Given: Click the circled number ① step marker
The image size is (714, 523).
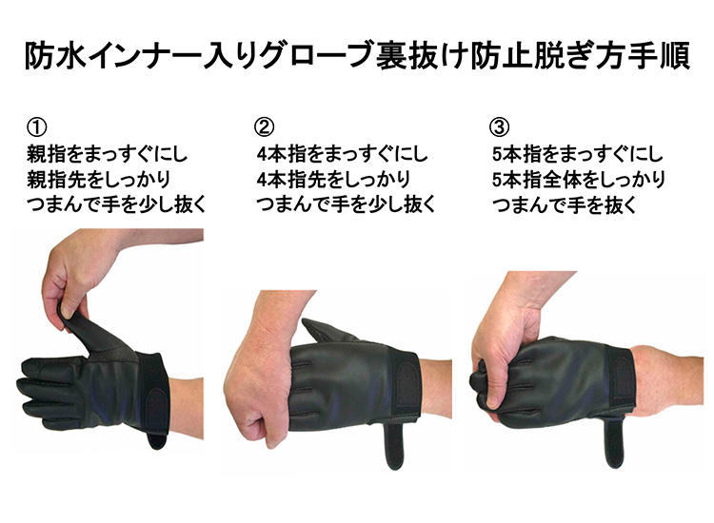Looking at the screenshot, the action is coord(36,126).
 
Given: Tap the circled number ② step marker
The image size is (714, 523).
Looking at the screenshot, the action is coord(264,126).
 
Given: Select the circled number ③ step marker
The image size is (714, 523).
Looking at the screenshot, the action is coord(499,126).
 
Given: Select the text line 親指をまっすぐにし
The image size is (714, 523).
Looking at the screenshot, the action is coord(108,154).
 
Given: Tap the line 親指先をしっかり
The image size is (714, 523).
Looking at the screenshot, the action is coord(99,180).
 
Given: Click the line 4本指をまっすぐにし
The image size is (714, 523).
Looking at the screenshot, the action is coord(343,154).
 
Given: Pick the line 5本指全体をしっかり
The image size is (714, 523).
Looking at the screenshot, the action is coord(579,180).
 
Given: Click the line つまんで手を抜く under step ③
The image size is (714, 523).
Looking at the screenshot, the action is coord(565,205).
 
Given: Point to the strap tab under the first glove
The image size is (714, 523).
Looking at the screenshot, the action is coord(157,438).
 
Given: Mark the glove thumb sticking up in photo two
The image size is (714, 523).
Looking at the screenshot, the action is coord(326,331).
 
